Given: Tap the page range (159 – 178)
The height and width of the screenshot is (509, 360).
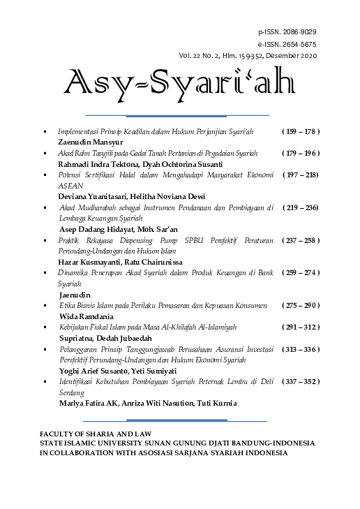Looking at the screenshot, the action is [300, 131].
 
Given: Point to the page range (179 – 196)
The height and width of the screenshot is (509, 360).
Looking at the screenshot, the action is [300, 152].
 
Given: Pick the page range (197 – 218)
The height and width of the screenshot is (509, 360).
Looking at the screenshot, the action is [301, 174].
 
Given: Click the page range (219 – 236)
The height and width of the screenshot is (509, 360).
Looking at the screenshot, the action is [301, 207].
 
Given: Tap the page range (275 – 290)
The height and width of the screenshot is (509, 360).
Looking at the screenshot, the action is [300, 305].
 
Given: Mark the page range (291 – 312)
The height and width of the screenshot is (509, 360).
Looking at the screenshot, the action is [300, 327].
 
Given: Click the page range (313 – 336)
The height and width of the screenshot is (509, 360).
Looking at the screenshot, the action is [300, 348].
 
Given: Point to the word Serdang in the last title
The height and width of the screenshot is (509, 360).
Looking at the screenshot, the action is [71, 392].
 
